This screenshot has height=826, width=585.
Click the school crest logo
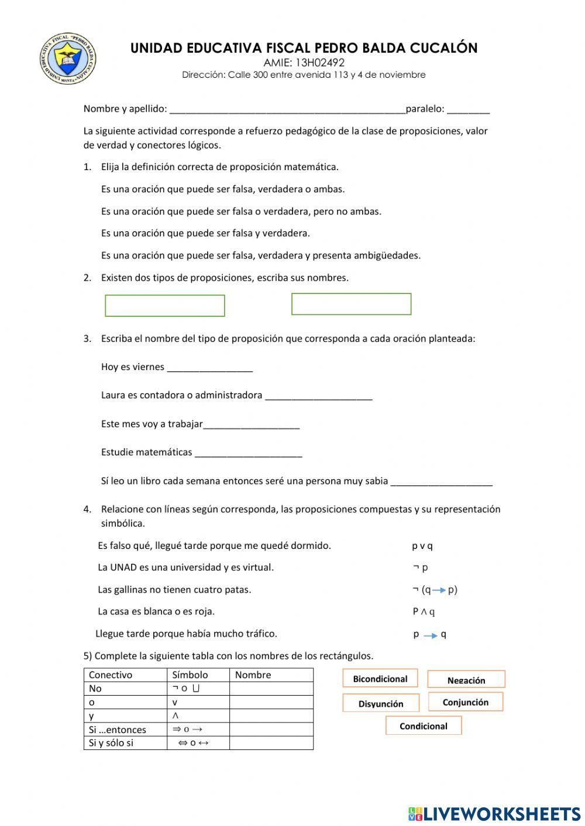tap(68, 58)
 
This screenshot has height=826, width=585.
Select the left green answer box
tap(165, 306)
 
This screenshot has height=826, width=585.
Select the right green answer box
tap(351, 304)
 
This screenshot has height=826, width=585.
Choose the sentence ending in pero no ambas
tap(241, 211)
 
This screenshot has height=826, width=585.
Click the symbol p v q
tap(422, 546)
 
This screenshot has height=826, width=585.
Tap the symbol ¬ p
tap(420, 567)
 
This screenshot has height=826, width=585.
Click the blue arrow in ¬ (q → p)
tap(439, 590)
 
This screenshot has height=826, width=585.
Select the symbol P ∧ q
tap(424, 611)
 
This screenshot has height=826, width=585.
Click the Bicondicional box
tap(380, 679)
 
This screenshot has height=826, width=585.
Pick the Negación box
tap(466, 680)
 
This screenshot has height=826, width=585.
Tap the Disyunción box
tap(381, 703)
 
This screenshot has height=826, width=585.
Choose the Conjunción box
tap(466, 702)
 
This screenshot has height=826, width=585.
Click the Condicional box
tap(424, 726)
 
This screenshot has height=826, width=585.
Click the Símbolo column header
tap(190, 675)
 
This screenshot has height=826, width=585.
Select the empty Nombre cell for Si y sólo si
tap(271, 743)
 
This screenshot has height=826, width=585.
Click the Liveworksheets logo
tap(494, 813)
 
